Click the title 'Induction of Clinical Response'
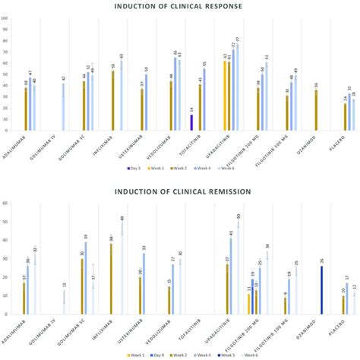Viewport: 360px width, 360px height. tap(179, 8)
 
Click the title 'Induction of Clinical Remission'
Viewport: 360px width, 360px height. tap(179, 192)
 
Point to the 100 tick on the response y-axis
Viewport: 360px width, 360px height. tap(6, 29)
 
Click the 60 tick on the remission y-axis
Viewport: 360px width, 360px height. tap(6, 203)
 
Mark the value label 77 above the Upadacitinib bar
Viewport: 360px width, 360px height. tap(237, 39)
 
